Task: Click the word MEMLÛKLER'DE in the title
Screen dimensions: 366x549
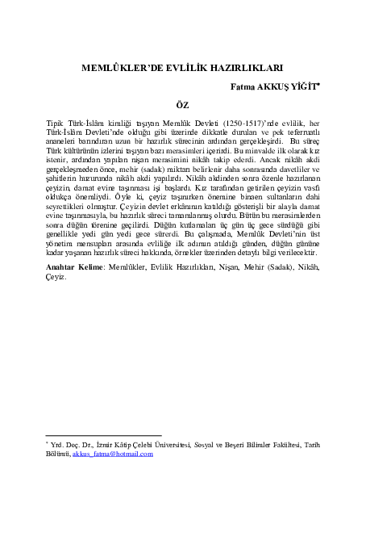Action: point(122,70)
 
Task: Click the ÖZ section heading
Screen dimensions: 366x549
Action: point(183,104)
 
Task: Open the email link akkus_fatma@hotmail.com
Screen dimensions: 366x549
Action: point(112,455)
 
